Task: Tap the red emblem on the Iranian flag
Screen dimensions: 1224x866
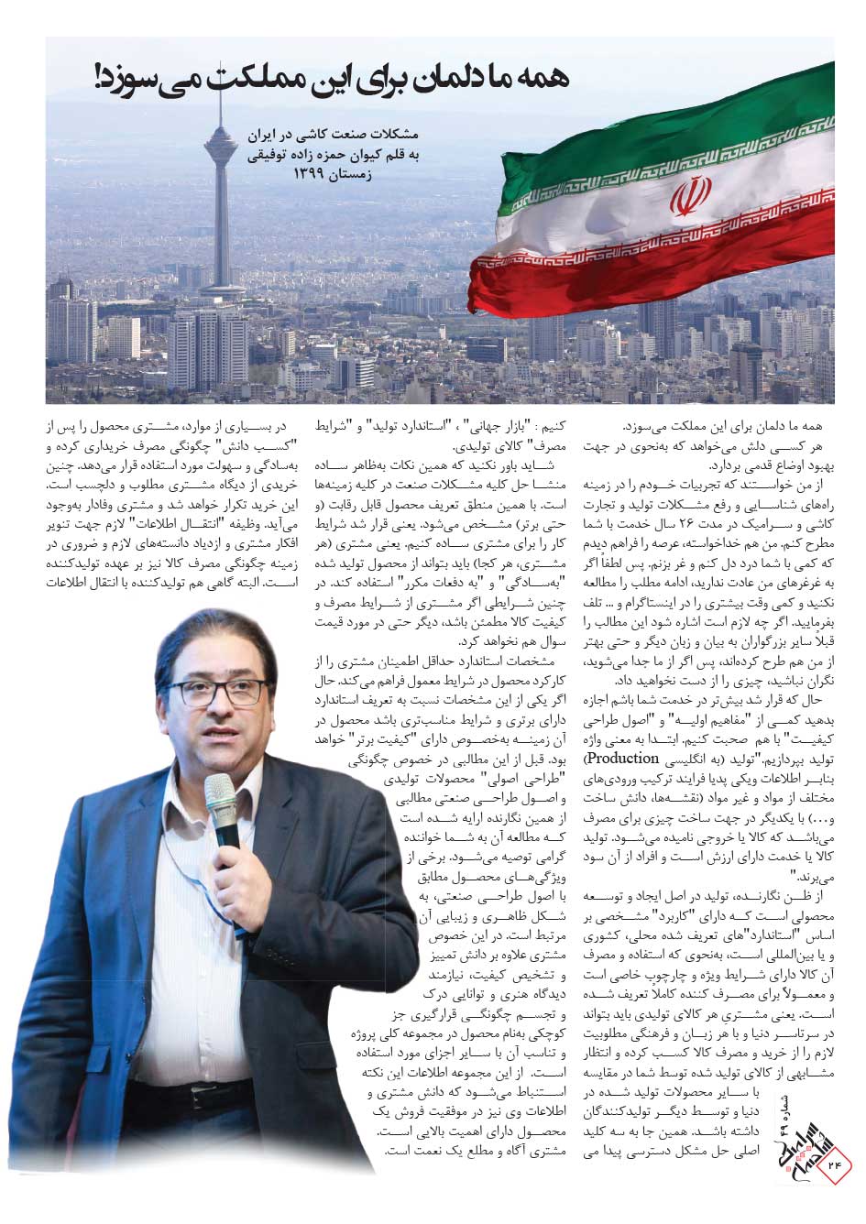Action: coord(689,197)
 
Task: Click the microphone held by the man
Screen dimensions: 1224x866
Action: coord(223,806)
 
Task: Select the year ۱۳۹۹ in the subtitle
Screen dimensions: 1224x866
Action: coord(317,173)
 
